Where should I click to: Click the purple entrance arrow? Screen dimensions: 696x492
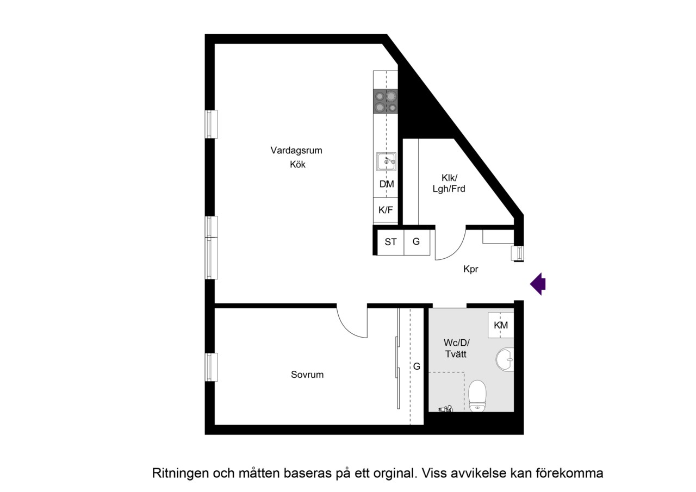[x=538, y=284]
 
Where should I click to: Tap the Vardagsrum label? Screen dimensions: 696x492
[x=296, y=151]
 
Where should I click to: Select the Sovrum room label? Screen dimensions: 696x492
[x=307, y=375]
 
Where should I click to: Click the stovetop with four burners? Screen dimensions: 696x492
[x=386, y=101]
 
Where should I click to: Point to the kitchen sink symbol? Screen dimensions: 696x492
[x=386, y=161]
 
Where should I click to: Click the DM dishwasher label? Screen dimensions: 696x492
[x=387, y=184]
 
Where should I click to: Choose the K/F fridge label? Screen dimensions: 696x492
[x=386, y=210]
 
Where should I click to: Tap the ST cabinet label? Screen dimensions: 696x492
[x=390, y=242]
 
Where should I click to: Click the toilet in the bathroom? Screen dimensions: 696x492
[x=477, y=396]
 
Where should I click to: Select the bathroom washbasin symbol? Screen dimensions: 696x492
[x=505, y=359]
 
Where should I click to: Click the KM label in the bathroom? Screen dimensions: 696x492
[x=501, y=325]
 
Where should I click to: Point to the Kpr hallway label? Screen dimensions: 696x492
[x=471, y=269]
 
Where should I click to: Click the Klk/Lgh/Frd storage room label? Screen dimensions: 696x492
[x=449, y=183]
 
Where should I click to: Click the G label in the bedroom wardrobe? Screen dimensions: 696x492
[x=417, y=366]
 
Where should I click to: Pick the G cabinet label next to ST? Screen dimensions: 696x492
[x=416, y=241]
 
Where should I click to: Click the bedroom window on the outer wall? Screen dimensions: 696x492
[x=211, y=367]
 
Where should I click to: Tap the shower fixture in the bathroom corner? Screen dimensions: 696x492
[x=445, y=409]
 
